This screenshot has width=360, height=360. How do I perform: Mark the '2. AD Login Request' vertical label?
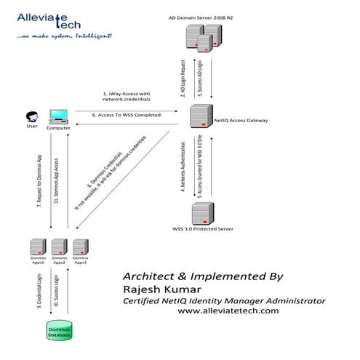(183, 78)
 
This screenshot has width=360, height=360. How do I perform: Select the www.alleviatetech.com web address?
(228, 311)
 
